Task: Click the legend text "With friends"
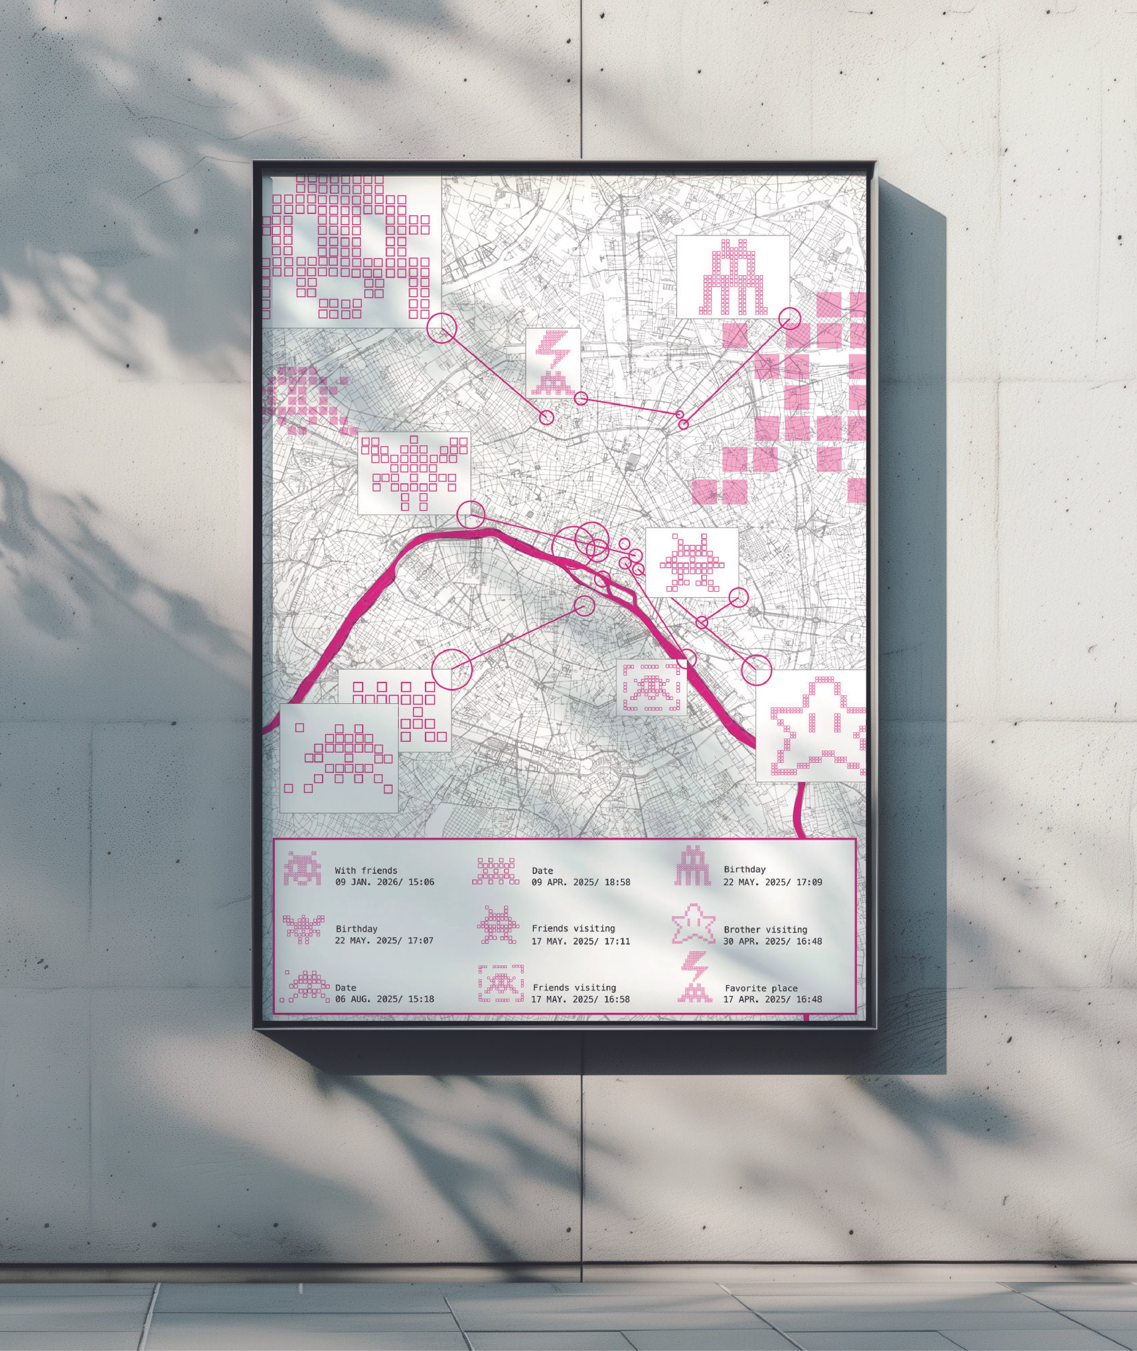pyautogui.click(x=366, y=871)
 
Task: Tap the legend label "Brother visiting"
pyautogui.click(x=765, y=929)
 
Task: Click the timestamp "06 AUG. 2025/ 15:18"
pyautogui.click(x=384, y=1000)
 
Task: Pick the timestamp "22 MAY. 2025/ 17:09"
pyautogui.click(x=773, y=882)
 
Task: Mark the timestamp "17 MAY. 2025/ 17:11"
pyautogui.click(x=581, y=941)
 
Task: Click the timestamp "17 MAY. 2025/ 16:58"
pyautogui.click(x=580, y=1000)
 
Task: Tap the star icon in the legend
pyautogui.click(x=694, y=924)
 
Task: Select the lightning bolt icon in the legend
pyautogui.click(x=694, y=978)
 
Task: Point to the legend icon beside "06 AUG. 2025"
pyautogui.click(x=306, y=986)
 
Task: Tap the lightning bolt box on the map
pyautogui.click(x=553, y=362)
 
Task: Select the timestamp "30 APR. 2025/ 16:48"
pyautogui.click(x=773, y=941)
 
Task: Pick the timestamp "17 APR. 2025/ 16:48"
pyautogui.click(x=773, y=1000)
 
